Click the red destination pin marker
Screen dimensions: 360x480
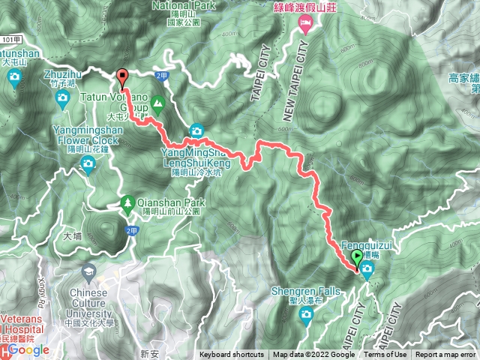point(123,76)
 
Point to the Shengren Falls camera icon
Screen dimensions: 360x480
point(305,313)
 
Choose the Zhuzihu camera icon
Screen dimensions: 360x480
point(61,97)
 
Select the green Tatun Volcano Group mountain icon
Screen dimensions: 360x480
point(158,102)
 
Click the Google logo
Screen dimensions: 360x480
point(28,350)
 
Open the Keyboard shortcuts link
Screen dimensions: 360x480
point(232,355)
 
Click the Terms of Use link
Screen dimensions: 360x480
point(385,355)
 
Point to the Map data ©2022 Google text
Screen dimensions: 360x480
point(313,355)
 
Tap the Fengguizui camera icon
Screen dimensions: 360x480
point(367,274)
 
